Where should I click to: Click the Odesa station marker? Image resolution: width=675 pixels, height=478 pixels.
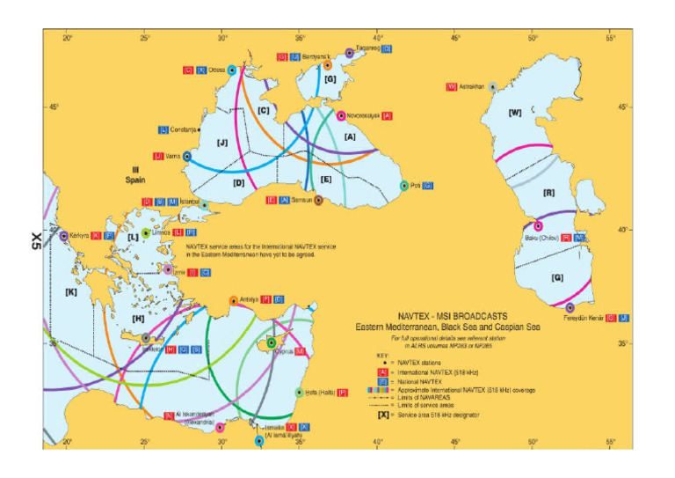click(232, 70)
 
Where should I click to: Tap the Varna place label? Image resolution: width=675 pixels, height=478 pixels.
click(171, 156)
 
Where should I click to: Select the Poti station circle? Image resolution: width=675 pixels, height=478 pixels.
click(404, 186)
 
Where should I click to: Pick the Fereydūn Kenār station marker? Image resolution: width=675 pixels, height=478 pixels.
click(570, 307)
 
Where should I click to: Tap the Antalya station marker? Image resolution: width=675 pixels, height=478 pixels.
click(233, 300)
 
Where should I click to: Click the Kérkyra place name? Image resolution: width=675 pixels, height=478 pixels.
click(81, 236)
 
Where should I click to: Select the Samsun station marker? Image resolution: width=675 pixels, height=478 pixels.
click(318, 200)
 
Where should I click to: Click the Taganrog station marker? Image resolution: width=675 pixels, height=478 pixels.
click(350, 53)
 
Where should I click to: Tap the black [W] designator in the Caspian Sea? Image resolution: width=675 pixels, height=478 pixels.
click(515, 112)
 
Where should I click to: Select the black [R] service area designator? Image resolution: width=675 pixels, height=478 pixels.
click(549, 192)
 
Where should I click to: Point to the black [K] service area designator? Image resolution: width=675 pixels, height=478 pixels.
click(71, 291)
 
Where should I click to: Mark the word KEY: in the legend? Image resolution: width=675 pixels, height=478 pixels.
click(381, 355)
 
